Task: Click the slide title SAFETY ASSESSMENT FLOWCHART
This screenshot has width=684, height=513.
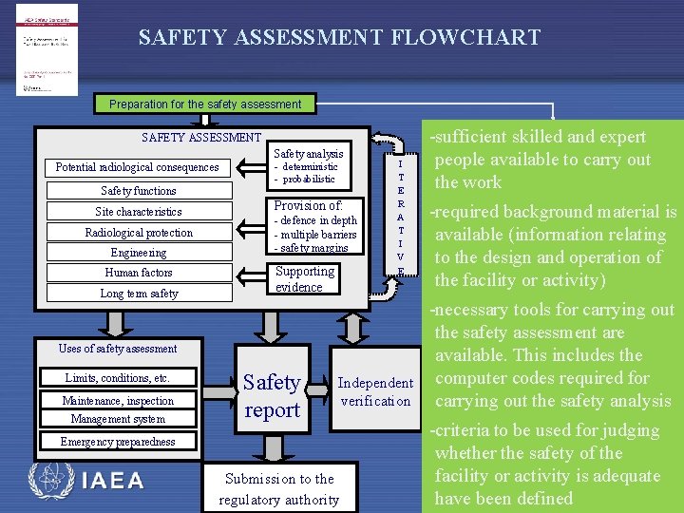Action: [x=339, y=38]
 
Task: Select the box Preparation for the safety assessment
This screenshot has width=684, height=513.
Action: [x=205, y=104]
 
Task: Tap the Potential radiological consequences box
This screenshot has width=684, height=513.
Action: [x=137, y=168]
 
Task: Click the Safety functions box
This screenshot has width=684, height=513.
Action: [x=138, y=191]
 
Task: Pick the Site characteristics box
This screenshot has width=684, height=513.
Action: [x=138, y=212]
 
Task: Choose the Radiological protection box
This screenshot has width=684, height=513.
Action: [x=138, y=233]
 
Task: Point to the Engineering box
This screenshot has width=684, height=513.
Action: [x=138, y=253]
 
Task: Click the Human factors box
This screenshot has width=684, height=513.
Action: [x=138, y=273]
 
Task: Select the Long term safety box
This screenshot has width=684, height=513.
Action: [x=138, y=294]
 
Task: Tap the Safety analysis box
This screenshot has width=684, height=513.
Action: [x=309, y=166]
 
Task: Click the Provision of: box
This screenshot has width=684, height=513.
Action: [x=315, y=227]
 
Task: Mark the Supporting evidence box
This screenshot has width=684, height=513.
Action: [x=305, y=279]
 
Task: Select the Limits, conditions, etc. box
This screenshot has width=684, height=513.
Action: [x=118, y=378]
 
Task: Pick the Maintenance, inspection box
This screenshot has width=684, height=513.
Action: [x=118, y=401]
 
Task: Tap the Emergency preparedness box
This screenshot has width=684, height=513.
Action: [x=118, y=442]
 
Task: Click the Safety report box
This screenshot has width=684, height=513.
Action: [x=272, y=396]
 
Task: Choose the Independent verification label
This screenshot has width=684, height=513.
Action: [x=376, y=391]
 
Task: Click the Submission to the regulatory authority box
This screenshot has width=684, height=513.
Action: [x=278, y=489]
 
